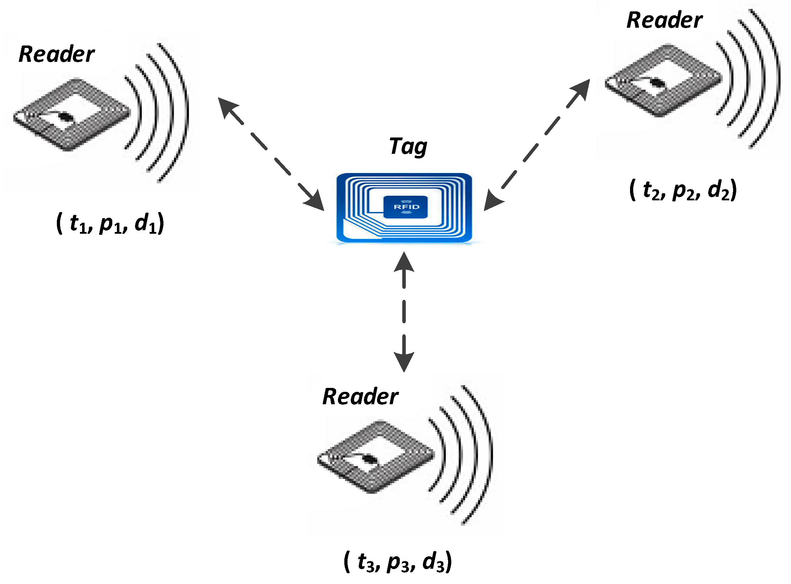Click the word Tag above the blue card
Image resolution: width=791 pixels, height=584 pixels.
pyautogui.click(x=408, y=146)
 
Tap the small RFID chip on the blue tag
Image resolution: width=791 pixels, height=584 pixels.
pyautogui.click(x=406, y=207)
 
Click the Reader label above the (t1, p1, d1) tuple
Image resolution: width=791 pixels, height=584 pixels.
pyautogui.click(x=56, y=54)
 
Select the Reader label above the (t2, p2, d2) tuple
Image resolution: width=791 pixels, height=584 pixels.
pyautogui.click(x=664, y=20)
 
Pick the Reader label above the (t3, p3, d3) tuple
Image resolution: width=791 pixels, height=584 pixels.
pyautogui.click(x=360, y=396)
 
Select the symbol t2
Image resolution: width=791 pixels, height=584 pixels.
pyautogui.click(x=651, y=190)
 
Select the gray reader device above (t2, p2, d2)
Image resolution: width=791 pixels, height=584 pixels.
pyautogui.click(x=663, y=80)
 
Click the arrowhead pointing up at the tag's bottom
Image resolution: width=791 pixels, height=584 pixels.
pyautogui.click(x=404, y=263)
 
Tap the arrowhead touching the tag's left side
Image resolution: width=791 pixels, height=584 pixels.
pyautogui.click(x=316, y=201)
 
